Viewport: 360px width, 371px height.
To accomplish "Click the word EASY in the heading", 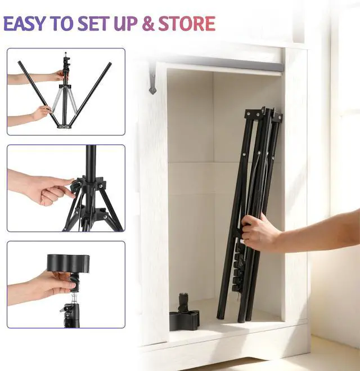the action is coord(24,24).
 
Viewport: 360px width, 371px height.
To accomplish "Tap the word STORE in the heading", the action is coord(187,24).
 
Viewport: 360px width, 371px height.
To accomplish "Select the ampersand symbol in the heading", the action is coord(148,24).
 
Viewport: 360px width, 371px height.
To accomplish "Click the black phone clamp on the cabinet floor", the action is coord(184,313).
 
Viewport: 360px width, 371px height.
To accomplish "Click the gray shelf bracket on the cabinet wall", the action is coord(152,78).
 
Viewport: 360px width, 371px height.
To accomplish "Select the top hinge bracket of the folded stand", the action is coord(264,114).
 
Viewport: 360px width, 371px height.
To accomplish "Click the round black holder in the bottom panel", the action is coord(69,263).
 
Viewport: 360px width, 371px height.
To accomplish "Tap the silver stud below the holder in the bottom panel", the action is coord(74,298).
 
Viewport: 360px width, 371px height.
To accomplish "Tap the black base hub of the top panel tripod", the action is coord(64,126).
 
